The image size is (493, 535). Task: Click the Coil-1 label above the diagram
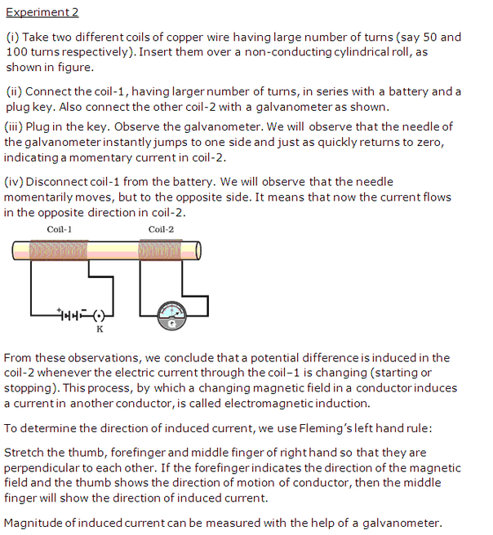tap(60, 229)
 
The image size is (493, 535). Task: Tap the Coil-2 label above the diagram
tap(161, 229)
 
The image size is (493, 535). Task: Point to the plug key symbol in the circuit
tap(100, 314)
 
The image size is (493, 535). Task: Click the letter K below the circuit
tap(100, 329)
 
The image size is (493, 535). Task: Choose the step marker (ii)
tap(14, 91)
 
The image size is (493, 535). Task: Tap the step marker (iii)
tap(16, 126)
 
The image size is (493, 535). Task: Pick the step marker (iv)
tap(15, 182)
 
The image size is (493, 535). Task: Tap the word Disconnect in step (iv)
tap(61, 182)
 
